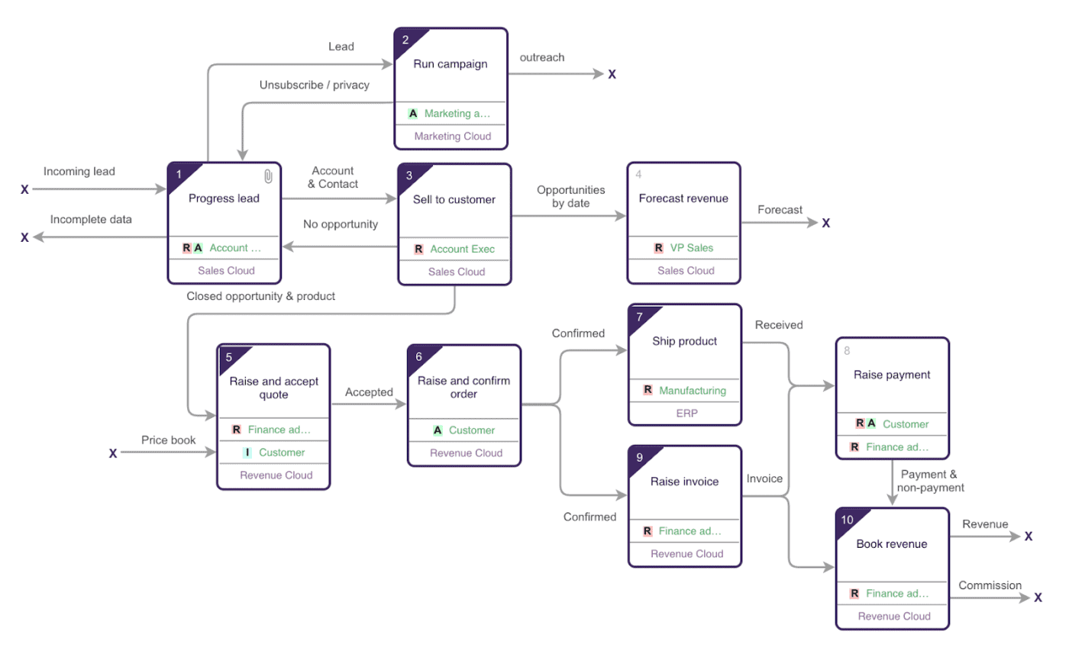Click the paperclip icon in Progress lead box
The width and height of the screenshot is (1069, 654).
pyautogui.click(x=268, y=176)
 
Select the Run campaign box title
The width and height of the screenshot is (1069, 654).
pyautogui.click(x=451, y=64)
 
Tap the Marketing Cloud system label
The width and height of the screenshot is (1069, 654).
pyautogui.click(x=452, y=137)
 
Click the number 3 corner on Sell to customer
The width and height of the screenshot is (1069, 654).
pyautogui.click(x=409, y=175)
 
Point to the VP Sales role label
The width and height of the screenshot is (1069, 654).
pyautogui.click(x=692, y=247)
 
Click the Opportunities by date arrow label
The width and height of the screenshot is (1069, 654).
pyautogui.click(x=570, y=196)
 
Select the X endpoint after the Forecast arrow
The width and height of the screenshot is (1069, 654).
pyautogui.click(x=825, y=223)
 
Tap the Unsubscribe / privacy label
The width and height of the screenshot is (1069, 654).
pyautogui.click(x=315, y=85)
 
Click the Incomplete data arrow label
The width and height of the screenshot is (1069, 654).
pyautogui.click(x=91, y=219)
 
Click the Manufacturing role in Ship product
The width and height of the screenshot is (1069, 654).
pyautogui.click(x=693, y=390)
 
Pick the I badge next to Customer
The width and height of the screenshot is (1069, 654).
pyautogui.click(x=247, y=453)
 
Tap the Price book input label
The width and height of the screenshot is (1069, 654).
pyautogui.click(x=168, y=440)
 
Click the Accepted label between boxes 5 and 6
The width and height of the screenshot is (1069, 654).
pyautogui.click(x=369, y=392)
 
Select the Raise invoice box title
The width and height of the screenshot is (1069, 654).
pyautogui.click(x=684, y=482)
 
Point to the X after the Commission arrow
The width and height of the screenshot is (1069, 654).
pyautogui.click(x=1038, y=598)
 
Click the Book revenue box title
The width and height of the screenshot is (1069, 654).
pyautogui.click(x=891, y=544)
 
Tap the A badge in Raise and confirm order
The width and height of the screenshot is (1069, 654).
pyautogui.click(x=438, y=430)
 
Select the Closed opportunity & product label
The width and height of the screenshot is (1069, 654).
pyautogui.click(x=260, y=296)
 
